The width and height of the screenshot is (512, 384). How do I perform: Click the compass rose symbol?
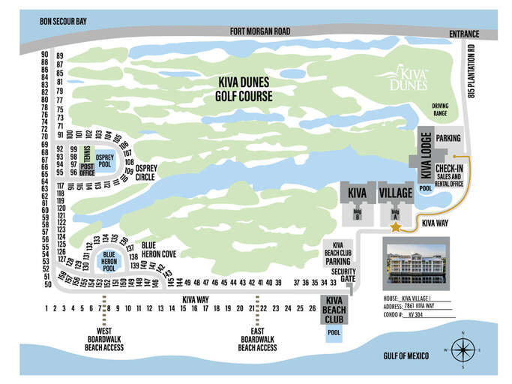tap(463, 349)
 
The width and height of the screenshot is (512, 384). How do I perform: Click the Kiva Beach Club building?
tap(333, 309)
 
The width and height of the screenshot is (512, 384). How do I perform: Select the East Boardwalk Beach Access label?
tap(257, 339)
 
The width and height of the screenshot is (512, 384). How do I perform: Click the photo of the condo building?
tap(414, 262)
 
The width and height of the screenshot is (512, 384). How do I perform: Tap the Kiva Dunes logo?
tap(409, 79)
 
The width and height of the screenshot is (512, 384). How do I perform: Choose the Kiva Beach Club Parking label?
tap(338, 254)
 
